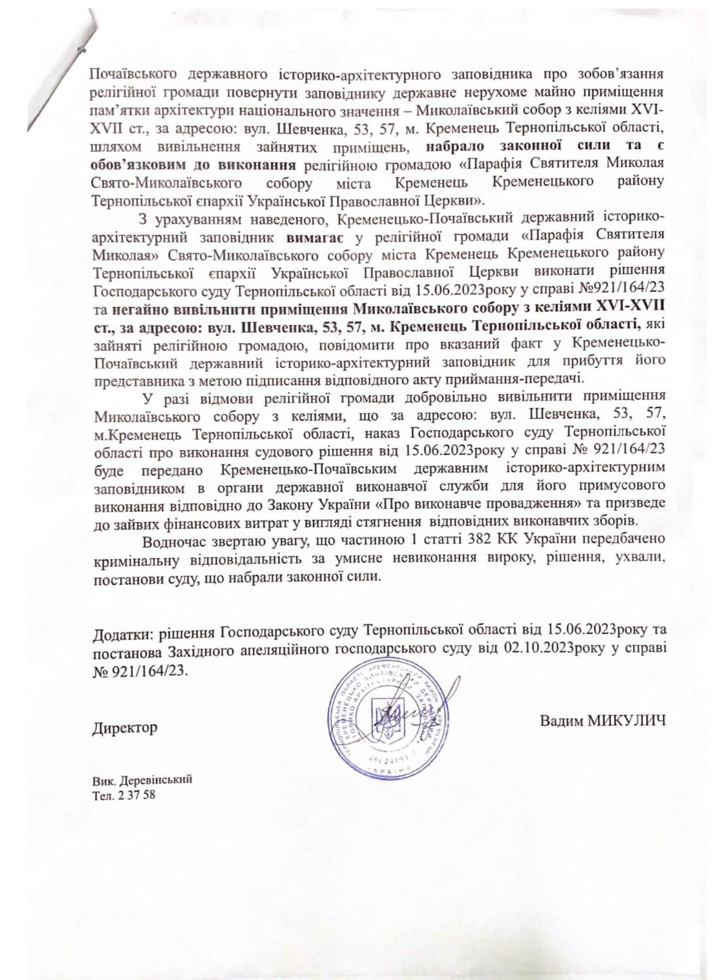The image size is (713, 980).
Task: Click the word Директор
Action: (124, 727)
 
